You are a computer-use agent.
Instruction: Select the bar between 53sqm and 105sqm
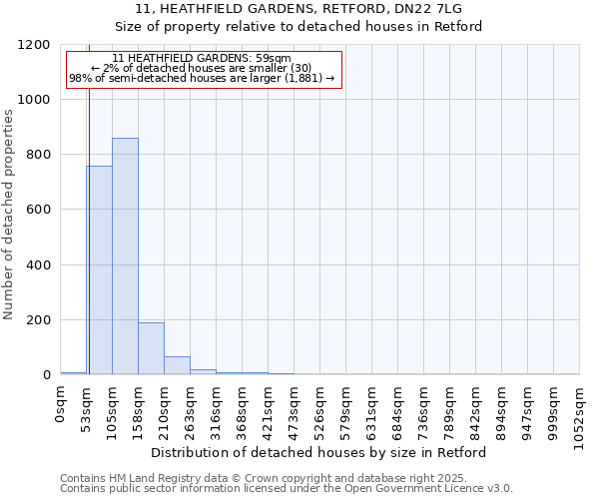[99, 270]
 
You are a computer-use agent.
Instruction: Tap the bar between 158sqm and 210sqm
[151, 348]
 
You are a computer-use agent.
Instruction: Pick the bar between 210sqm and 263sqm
[177, 365]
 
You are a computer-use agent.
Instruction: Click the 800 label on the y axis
[38, 155]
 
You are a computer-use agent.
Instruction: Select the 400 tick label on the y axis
[38, 265]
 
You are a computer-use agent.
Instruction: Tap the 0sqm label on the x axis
[61, 406]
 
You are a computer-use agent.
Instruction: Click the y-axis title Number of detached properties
[9, 216]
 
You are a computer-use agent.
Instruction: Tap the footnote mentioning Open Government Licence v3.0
[287, 489]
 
